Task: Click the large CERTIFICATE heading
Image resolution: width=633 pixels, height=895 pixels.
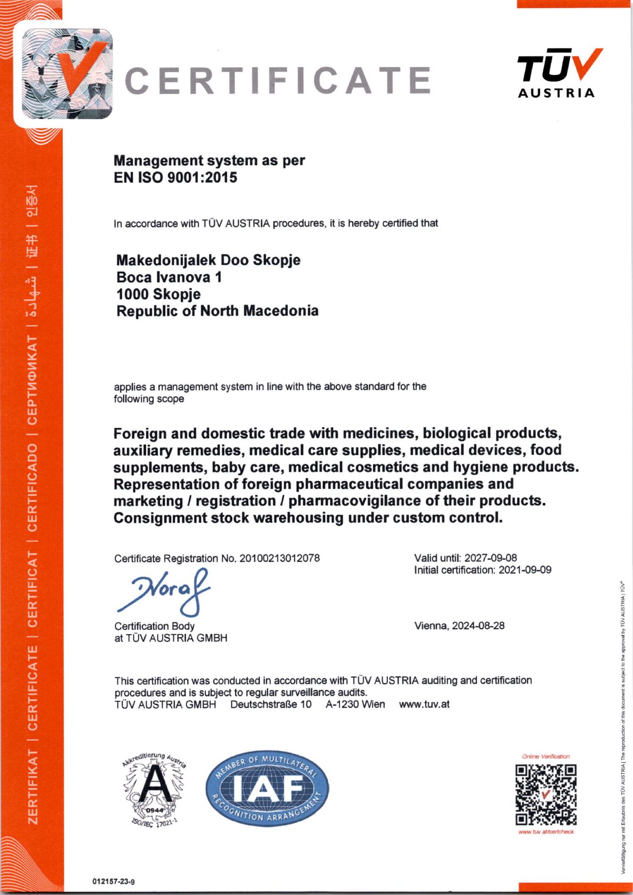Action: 277,81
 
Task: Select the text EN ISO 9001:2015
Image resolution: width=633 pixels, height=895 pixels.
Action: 175,178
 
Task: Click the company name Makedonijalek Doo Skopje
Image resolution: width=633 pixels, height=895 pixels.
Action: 208,260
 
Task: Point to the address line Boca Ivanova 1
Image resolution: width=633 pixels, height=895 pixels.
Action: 169,277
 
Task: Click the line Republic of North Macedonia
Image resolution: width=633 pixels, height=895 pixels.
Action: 217,311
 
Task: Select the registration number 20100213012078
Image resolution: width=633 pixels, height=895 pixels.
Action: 280,558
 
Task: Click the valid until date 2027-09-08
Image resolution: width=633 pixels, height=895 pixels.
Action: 491,558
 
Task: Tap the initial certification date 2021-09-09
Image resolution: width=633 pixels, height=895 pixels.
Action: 525,570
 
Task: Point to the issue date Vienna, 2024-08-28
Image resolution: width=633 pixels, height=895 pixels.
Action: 459,626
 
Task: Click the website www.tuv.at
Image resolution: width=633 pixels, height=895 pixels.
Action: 424,704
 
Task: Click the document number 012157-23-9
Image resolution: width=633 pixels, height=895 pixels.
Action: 113,881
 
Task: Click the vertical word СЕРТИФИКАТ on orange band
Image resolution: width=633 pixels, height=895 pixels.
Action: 32,381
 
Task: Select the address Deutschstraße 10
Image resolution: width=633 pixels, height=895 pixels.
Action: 271,704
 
